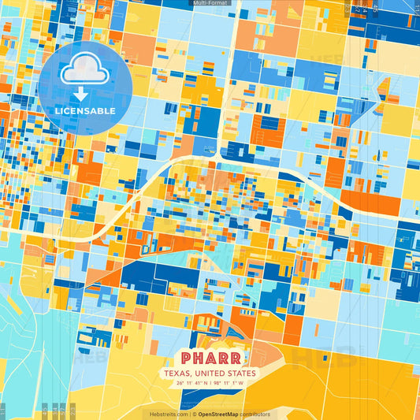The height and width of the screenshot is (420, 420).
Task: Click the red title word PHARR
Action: tap(210, 357)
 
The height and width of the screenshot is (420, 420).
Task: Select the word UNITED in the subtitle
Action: tap(210, 374)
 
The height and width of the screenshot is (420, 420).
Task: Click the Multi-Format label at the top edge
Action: tap(210, 3)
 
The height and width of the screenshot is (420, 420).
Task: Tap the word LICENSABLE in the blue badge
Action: tap(84, 111)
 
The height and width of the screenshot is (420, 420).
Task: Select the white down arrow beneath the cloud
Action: tap(80, 94)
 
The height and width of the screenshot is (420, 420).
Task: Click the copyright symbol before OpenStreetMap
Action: tap(194, 414)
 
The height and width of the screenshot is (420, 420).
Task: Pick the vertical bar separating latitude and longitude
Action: tap(210, 384)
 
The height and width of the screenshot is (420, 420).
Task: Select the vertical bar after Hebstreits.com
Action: tap(190, 414)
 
